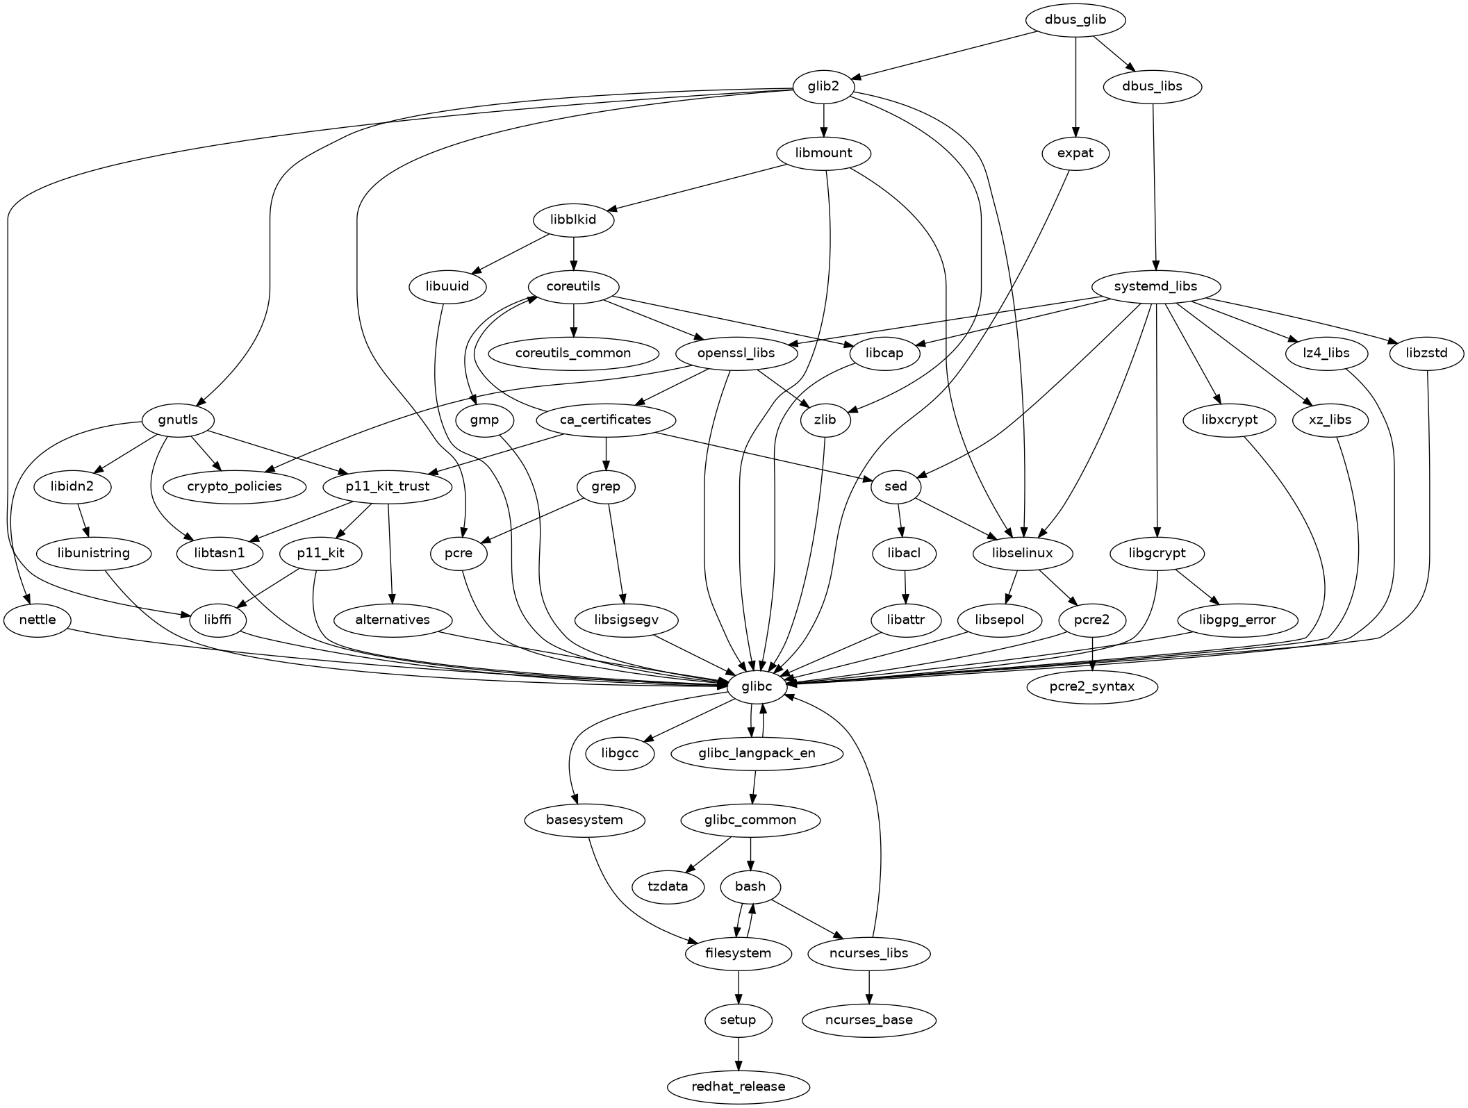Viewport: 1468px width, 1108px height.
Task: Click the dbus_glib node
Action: [x=1075, y=20]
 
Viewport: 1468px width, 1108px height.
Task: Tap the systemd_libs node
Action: [x=1155, y=286]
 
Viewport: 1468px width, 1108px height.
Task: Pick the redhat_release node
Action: [x=738, y=1086]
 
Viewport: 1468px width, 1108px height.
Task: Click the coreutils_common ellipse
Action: [x=573, y=353]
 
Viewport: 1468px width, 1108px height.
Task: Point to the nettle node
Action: [x=38, y=620]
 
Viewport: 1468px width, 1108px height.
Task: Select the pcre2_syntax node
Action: [x=1092, y=686]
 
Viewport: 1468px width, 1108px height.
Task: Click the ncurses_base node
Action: [x=868, y=1020]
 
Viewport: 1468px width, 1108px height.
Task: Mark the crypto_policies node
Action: [x=235, y=486]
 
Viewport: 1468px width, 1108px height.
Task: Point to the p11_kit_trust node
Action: [x=388, y=486]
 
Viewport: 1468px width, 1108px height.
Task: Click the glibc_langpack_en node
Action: [x=757, y=753]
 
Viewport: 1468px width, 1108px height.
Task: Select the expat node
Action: [x=1075, y=153]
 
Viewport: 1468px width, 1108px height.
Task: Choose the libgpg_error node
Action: [x=1237, y=620]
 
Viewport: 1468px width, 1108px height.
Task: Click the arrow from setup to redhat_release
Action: [x=738, y=1053]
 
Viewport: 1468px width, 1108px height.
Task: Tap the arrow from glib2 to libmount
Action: [x=824, y=119]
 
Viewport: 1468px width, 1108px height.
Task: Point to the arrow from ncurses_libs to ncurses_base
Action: [x=868, y=986]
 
